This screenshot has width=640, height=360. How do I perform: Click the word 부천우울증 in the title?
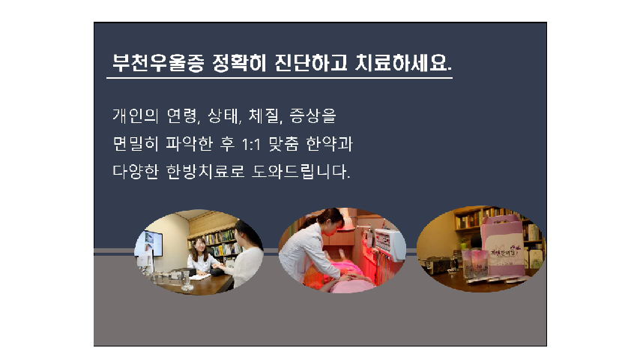coord(158,63)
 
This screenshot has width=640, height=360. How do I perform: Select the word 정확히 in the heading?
coord(239,63)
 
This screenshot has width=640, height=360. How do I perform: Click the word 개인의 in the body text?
coord(136,116)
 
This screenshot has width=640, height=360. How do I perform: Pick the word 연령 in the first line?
coord(182,116)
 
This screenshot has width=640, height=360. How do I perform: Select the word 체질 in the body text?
coord(264,116)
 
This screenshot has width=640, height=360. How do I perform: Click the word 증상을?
coord(313,116)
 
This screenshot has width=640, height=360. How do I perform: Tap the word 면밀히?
coord(136,144)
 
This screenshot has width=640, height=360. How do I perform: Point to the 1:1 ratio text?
coord(250,145)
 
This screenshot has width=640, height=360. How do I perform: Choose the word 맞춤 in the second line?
coord(283,144)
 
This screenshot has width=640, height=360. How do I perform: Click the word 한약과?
coord(330,144)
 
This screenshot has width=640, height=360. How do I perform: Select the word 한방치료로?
coord(205,172)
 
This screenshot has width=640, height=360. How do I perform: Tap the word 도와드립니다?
coord(300,172)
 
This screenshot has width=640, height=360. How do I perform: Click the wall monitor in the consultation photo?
coord(150,244)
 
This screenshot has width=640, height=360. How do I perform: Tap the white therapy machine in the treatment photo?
coord(390,244)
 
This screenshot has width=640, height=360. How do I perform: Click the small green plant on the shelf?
coord(463,243)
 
